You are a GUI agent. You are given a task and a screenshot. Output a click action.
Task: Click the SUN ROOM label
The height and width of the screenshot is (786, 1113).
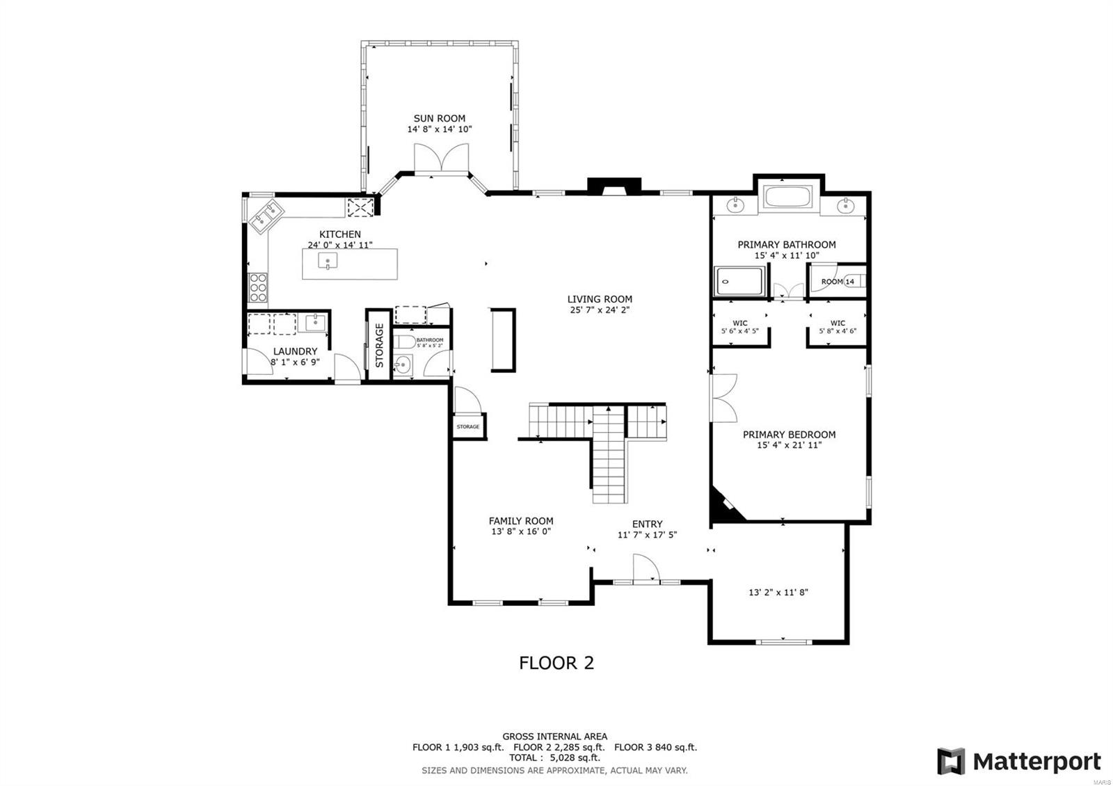click(439, 118)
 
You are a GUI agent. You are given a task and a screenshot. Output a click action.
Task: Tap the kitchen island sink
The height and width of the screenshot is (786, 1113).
click(328, 261)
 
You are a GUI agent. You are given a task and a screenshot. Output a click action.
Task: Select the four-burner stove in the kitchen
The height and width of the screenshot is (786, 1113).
click(258, 287)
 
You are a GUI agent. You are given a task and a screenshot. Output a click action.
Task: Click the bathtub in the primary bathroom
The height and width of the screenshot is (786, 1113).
click(787, 197)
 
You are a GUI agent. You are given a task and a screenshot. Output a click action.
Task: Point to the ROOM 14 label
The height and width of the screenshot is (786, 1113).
click(837, 282)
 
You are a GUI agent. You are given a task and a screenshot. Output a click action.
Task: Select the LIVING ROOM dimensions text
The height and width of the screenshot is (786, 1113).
click(599, 310)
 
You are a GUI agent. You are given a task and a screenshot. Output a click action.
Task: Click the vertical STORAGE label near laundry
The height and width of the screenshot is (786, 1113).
click(379, 345)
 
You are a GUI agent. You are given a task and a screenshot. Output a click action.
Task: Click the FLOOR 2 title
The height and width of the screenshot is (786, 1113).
click(556, 663)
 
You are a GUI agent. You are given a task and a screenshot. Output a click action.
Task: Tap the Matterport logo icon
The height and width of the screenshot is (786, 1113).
click(950, 761)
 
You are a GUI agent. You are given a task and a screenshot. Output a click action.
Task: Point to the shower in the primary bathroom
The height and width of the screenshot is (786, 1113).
click(739, 282)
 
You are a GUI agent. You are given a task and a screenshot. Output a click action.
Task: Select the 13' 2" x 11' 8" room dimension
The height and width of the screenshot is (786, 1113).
click(778, 593)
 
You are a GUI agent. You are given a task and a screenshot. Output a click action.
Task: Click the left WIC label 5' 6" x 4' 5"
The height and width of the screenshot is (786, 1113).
click(739, 327)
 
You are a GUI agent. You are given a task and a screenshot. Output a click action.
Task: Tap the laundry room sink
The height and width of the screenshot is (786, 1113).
click(315, 322)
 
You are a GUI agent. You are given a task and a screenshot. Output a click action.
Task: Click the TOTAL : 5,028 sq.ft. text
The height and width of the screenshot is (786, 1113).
click(554, 757)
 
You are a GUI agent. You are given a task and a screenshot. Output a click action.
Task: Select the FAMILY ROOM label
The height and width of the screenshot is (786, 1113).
click(520, 520)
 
